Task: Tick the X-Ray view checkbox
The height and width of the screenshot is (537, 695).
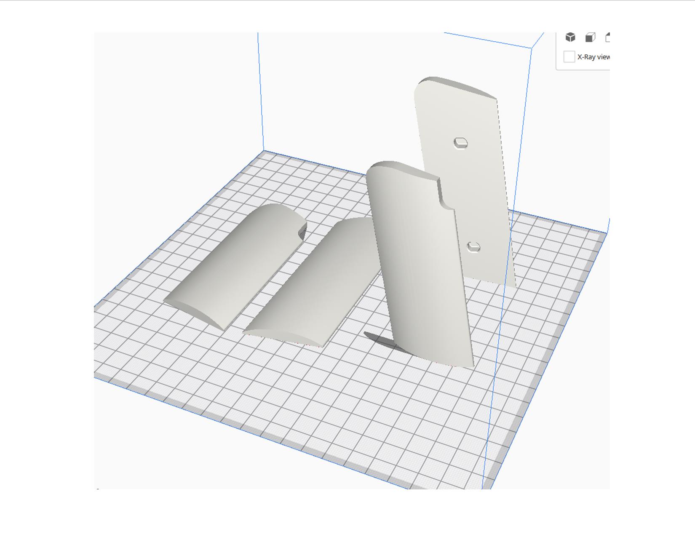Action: (569, 57)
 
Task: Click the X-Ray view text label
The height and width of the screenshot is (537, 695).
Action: (593, 57)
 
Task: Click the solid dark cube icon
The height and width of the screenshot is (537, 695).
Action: (570, 37)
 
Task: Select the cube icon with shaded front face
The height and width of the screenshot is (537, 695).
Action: (590, 37)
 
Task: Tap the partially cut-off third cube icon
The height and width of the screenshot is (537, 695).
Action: (607, 37)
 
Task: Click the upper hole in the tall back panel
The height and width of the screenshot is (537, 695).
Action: (460, 143)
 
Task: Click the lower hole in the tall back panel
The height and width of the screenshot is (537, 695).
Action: (474, 247)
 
